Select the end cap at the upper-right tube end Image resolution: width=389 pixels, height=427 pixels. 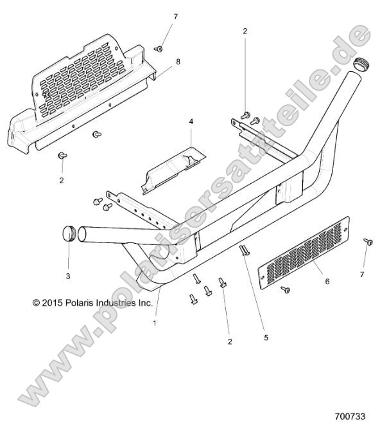pos(361,64)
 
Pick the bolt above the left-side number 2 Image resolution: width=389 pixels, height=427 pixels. pos(62,156)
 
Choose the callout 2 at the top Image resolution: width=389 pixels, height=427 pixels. pos(245,31)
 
